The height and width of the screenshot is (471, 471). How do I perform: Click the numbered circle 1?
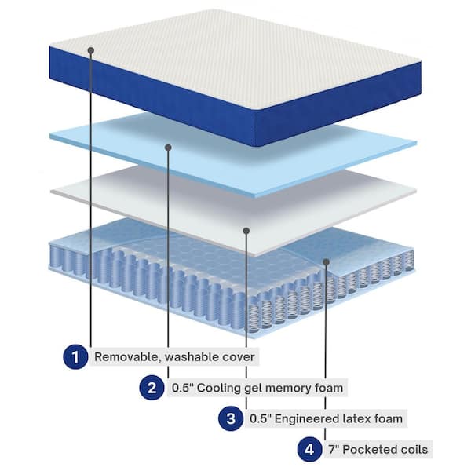tap(75, 356)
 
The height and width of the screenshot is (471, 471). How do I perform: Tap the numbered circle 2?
tap(152, 388)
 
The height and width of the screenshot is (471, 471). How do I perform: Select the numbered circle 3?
tap(231, 418)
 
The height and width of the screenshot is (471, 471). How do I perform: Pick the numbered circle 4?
tap(310, 449)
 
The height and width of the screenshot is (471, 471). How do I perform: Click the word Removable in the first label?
tap(128, 356)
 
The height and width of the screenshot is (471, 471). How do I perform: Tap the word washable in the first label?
tap(192, 356)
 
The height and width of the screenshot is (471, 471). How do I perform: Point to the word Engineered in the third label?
tap(307, 418)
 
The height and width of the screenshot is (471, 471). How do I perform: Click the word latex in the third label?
tap(356, 418)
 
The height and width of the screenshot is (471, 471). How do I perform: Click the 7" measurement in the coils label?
tap(334, 449)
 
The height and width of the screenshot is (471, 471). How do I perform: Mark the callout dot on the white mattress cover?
tap(91, 50)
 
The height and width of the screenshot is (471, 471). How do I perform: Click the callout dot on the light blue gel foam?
tap(168, 148)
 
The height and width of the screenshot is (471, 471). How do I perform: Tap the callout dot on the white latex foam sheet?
tap(246, 231)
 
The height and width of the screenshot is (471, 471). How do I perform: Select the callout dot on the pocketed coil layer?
tap(327, 262)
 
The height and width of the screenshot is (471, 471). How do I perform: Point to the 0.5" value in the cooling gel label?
tap(183, 388)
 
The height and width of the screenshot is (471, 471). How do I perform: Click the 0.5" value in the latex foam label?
tap(261, 418)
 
